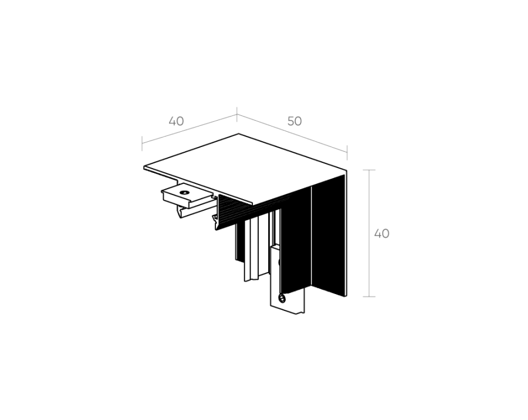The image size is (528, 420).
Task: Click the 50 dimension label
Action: click(x=295, y=121)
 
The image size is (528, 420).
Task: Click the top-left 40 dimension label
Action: click(x=177, y=121)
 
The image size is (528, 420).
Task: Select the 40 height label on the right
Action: click(x=382, y=234)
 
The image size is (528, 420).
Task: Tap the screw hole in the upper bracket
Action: click(x=184, y=193)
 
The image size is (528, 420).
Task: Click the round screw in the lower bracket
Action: click(x=282, y=298)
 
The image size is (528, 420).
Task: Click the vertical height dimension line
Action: click(x=370, y=233)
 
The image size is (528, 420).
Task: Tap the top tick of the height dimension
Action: click(x=369, y=170)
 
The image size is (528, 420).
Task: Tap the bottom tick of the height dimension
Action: click(x=369, y=296)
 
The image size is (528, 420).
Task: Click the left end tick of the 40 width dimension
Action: click(x=142, y=144)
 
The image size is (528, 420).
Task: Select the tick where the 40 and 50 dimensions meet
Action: click(x=237, y=114)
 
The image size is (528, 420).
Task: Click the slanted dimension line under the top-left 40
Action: click(x=189, y=129)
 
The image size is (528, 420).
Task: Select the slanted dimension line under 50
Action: click(x=292, y=134)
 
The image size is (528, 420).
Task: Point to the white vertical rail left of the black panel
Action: click(x=252, y=248)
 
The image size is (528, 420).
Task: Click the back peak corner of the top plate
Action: click(x=239, y=134)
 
